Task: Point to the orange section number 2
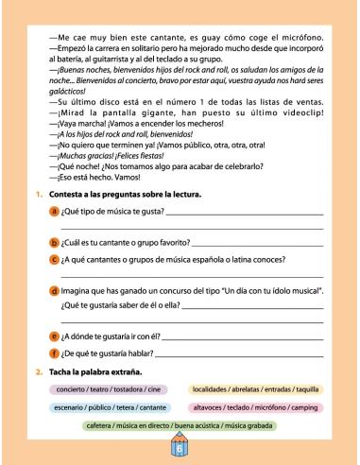click(38, 370)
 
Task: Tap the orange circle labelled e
click(54, 336)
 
